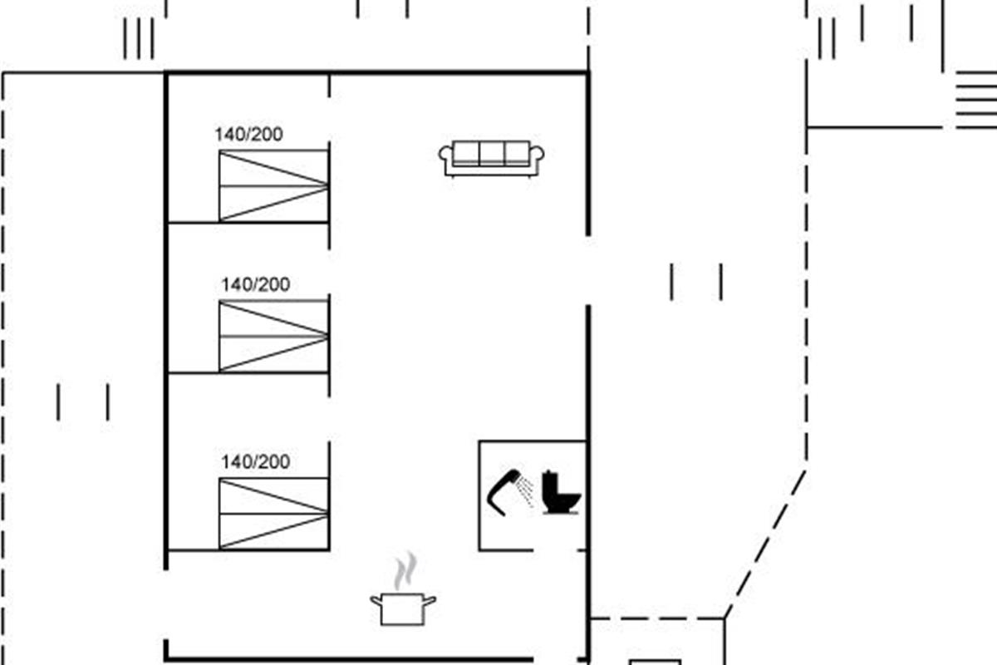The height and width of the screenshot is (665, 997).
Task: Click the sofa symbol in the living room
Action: point(491,158)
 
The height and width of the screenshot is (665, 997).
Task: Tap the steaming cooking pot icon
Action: point(403,608)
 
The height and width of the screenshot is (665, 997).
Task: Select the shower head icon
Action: point(501,490)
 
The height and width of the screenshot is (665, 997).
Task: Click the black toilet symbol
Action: point(561,492)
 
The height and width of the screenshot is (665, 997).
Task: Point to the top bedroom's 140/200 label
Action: point(248,135)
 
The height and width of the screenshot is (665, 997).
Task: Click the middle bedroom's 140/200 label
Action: point(255,285)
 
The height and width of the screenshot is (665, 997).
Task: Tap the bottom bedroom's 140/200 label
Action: point(255,462)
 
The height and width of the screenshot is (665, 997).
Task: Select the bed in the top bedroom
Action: point(273,185)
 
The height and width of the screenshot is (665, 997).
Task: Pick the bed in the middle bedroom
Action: point(273,336)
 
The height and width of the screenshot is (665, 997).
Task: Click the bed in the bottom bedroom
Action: point(273,513)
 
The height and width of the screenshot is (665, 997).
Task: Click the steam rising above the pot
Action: point(405,572)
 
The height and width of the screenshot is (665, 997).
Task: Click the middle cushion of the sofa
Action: point(491,153)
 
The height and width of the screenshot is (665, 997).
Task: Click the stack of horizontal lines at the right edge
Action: point(976,100)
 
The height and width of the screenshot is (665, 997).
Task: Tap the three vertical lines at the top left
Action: point(139,38)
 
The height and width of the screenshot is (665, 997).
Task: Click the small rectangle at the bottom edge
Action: point(655,663)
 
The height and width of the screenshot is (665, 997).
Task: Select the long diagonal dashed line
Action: point(765,544)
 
